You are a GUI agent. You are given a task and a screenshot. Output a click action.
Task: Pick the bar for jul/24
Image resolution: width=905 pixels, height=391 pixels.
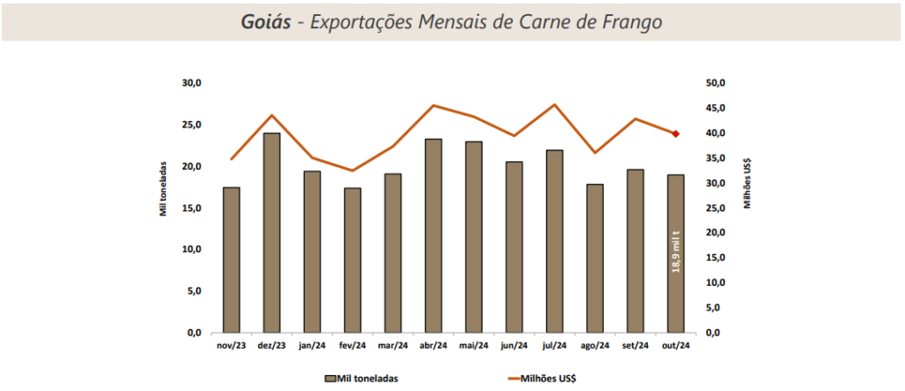pos(555,241)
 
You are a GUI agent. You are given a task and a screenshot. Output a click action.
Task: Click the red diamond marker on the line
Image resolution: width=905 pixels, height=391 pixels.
pos(676,134)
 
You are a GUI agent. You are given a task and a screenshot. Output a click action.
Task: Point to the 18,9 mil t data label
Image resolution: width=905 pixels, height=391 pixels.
pos(677,251)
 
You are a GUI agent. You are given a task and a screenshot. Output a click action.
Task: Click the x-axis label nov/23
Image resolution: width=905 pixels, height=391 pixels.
pos(232,346)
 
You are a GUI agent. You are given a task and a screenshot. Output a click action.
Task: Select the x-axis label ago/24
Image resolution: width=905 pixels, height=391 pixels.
pos(596,346)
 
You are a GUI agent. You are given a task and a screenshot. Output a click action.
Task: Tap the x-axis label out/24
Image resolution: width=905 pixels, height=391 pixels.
pos(676,346)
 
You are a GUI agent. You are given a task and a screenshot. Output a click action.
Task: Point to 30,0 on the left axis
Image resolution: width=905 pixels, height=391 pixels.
pos(192,83)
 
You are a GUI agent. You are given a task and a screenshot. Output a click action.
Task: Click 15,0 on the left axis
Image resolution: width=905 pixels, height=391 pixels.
pos(192,208)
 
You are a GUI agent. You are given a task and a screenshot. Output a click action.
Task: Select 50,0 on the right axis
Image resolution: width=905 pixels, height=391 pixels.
pos(713,83)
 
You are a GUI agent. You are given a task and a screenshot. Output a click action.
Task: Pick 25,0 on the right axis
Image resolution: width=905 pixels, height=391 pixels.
pos(713,208)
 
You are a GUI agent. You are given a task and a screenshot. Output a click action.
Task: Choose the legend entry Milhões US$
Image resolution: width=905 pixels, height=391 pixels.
pos(543,378)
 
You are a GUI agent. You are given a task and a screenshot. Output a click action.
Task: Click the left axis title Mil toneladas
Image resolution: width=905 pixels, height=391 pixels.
pos(163,188)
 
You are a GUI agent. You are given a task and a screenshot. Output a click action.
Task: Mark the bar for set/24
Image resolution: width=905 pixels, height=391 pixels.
pos(635,251)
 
